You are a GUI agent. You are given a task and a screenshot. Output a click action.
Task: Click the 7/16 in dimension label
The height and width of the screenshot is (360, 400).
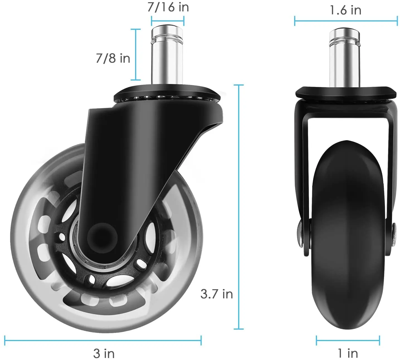coord(168,7)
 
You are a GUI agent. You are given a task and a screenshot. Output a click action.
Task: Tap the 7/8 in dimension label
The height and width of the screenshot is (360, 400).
coord(113,58)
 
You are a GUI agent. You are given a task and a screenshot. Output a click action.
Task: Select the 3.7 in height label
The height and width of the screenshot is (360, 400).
coord(216,294)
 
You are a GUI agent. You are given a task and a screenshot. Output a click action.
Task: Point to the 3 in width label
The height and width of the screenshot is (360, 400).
coord(104,353)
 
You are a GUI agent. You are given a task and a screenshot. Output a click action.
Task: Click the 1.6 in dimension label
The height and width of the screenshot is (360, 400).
coord(345,10)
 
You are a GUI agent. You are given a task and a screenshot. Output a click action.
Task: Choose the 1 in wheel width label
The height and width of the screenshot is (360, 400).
coord(348,353)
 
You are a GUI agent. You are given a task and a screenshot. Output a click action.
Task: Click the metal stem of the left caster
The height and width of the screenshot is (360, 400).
coord(167,56)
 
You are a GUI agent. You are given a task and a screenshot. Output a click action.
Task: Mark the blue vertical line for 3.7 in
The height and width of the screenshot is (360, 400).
coord(238,206)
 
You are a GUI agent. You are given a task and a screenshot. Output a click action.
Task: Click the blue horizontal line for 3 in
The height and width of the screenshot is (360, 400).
coord(103,340)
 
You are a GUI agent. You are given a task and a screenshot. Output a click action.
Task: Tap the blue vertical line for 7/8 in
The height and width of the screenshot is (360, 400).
coord(136,54)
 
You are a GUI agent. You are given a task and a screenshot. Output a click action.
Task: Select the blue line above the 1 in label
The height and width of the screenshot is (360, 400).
coord(348,340)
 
